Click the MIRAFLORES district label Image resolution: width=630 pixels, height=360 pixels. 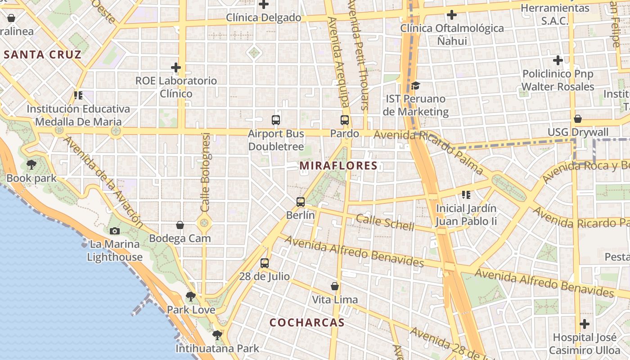[338, 166]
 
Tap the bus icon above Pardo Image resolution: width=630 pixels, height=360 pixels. [345, 120]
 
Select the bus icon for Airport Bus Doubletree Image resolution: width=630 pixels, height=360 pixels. [276, 120]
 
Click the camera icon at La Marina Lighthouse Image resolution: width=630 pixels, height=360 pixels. [115, 231]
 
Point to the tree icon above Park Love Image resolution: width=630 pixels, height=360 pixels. [191, 296]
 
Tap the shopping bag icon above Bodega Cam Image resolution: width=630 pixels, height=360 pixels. [180, 225]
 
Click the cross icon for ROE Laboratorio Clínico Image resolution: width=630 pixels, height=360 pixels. [176, 68]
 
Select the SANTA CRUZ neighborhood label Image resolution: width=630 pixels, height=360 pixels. [43, 55]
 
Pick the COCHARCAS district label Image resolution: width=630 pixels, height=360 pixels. [307, 322]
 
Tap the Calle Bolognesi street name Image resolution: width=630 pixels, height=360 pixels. [206, 172]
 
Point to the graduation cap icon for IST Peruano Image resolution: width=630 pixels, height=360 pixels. [415, 85]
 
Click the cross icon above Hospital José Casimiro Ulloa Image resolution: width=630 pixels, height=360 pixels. [585, 324]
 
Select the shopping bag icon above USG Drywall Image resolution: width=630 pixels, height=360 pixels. [578, 119]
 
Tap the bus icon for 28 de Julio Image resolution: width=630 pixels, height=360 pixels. [265, 263]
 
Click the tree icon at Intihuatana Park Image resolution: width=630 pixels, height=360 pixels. [217, 335]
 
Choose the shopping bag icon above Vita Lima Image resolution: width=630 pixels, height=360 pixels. [335, 286]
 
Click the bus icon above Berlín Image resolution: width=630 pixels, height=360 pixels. [301, 202]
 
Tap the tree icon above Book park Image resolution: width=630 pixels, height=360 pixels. [31, 165]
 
